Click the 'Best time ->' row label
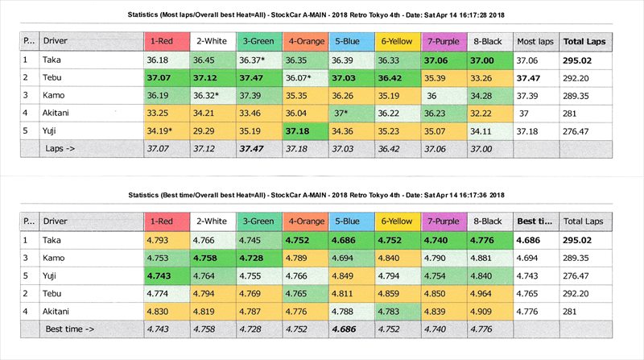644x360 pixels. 71,329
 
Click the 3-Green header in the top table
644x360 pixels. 259,40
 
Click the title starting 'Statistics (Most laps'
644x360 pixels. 316,14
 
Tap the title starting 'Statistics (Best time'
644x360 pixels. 316,194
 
